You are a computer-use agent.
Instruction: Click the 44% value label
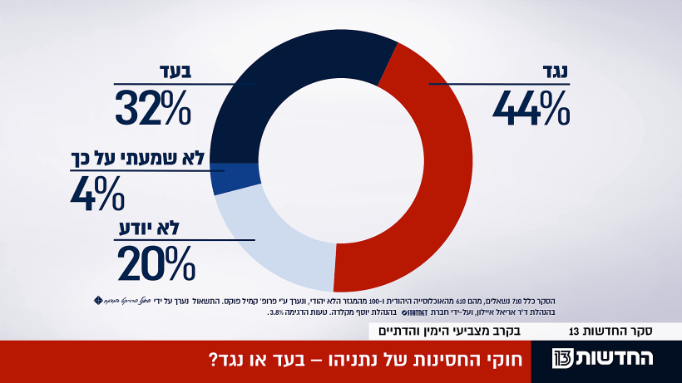click(x=531, y=107)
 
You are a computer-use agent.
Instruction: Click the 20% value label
click(x=156, y=264)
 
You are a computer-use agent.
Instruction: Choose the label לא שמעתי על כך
click(x=138, y=158)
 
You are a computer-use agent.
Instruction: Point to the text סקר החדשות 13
click(x=612, y=331)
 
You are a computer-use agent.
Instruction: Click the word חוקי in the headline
click(x=506, y=361)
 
